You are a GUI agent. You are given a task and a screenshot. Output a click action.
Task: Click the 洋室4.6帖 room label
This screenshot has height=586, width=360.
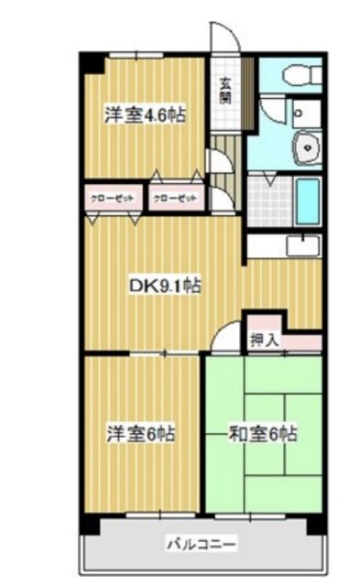point(145,115)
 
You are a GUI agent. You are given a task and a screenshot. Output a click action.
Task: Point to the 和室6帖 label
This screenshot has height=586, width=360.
point(264,431)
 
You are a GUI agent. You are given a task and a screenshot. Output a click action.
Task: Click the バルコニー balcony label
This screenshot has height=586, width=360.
point(202,546)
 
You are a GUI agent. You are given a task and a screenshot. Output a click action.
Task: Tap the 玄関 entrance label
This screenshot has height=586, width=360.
point(225,89)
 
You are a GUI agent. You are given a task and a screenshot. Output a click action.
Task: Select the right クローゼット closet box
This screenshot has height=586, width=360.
point(174,198)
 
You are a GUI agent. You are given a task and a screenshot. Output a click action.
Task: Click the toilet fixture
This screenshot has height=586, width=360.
point(298,76)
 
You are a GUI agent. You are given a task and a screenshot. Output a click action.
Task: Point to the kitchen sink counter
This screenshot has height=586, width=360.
point(283,246)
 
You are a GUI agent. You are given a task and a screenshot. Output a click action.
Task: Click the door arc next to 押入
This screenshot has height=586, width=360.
point(227,338)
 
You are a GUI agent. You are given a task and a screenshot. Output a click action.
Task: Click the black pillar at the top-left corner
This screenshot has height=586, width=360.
point(91,63)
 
